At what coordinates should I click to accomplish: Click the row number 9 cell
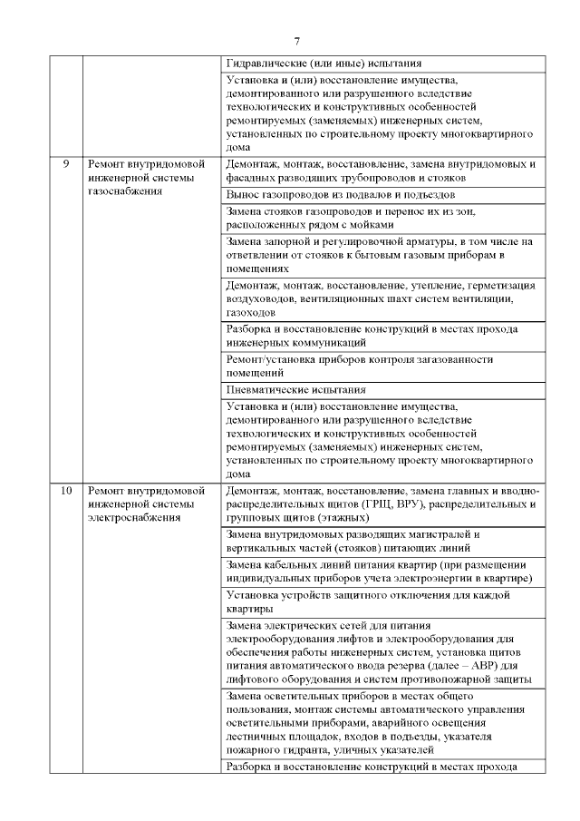coord(65,164)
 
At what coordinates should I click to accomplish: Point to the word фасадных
coord(251,179)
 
